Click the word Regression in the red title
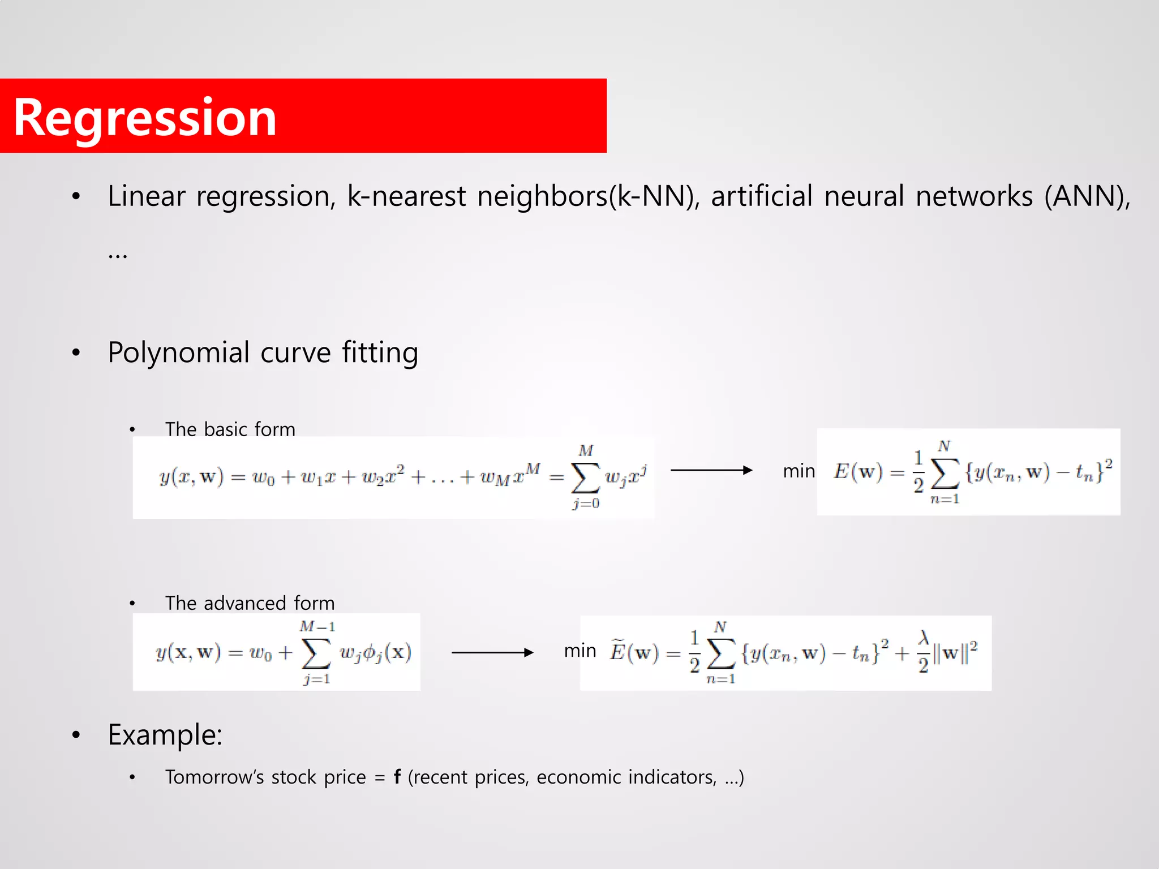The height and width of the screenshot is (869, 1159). (x=145, y=118)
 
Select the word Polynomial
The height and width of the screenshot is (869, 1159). (x=179, y=353)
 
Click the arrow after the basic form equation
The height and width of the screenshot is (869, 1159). (x=711, y=470)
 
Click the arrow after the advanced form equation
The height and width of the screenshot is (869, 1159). (x=492, y=653)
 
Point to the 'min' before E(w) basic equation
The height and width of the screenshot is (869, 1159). (x=799, y=471)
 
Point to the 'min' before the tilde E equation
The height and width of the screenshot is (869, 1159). (x=580, y=651)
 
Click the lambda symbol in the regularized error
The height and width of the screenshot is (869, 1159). (x=924, y=638)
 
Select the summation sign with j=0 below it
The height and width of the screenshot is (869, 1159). (x=586, y=478)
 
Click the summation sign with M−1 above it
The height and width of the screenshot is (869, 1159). (x=316, y=653)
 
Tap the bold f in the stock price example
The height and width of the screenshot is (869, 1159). (x=397, y=777)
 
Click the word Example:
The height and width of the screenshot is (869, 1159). (x=165, y=735)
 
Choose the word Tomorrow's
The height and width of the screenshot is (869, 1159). (x=214, y=777)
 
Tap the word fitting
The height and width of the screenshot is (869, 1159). (x=380, y=353)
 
